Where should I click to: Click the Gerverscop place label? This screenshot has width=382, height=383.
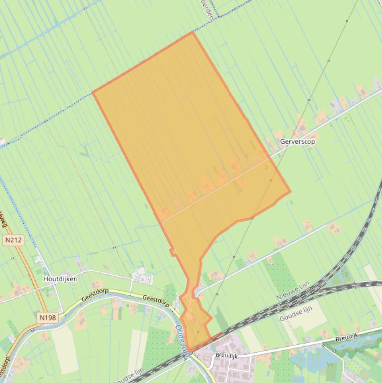pyautogui.click(x=298, y=141)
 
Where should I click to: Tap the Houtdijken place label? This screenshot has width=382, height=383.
pyautogui.click(x=60, y=279)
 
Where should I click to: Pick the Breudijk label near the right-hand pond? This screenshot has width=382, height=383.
pyautogui.click(x=346, y=337)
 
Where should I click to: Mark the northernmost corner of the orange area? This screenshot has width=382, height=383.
pyautogui.click(x=193, y=32)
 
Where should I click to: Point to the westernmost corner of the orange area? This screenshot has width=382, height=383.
pyautogui.click(x=93, y=92)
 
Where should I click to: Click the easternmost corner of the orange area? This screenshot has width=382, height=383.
pyautogui.click(x=290, y=191)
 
